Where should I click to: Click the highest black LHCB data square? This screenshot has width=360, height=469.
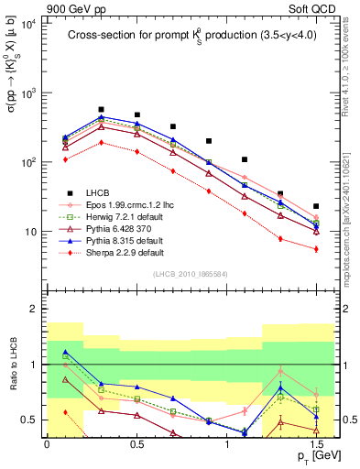[102, 109]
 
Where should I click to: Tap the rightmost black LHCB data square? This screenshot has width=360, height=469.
[316, 207]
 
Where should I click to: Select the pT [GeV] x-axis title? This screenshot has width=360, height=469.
[311, 456]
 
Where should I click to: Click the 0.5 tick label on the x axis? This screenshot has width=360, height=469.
[136, 444]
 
